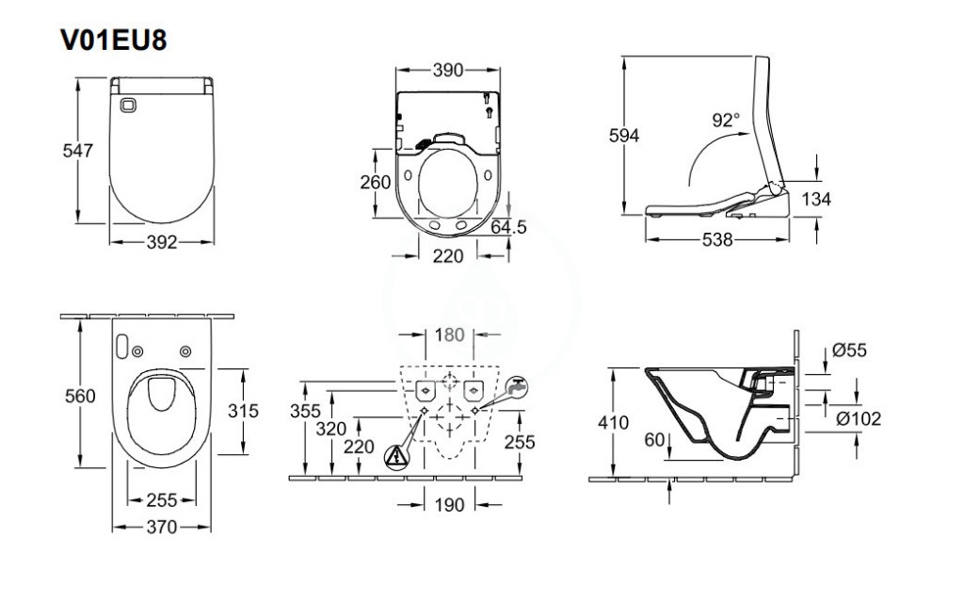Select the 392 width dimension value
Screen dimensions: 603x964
pos(162,242)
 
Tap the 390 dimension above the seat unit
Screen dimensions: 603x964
pos(447,70)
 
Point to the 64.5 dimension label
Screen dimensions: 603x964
pos(507,227)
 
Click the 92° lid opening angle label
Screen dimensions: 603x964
pos(726,120)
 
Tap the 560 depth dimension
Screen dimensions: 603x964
pos(80,397)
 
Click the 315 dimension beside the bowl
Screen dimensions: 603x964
pos(242,411)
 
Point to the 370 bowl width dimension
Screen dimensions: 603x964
pos(162,528)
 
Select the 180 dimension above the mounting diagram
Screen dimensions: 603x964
pos(449,335)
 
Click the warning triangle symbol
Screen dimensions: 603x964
pos(396,456)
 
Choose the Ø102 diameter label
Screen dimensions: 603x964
pos(858,418)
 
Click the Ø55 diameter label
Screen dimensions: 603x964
pos(850,351)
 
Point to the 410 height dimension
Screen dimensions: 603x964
pos(614,423)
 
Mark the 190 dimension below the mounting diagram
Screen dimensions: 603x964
pos(449,505)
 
